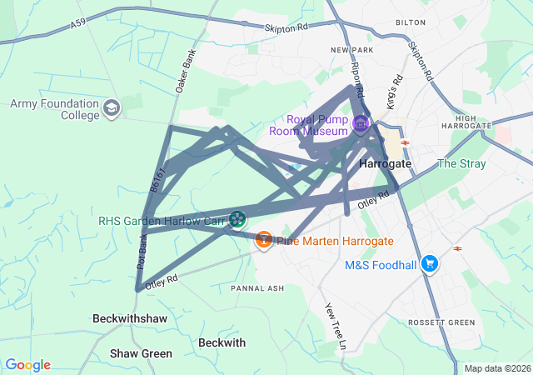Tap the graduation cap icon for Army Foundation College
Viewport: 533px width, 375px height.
[x=112, y=108]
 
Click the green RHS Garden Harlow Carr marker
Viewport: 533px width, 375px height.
[x=237, y=219]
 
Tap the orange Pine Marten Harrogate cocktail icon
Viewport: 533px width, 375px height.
[x=264, y=240]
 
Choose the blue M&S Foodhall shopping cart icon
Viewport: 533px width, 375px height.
[x=430, y=264]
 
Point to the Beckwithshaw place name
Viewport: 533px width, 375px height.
[x=130, y=319]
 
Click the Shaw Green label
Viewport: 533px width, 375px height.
[x=141, y=353]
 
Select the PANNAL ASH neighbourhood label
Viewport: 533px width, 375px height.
[x=257, y=288]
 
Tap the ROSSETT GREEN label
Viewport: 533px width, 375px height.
[x=441, y=322]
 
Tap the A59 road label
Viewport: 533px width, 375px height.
[x=78, y=26]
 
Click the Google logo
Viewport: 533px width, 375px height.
[x=27, y=365]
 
